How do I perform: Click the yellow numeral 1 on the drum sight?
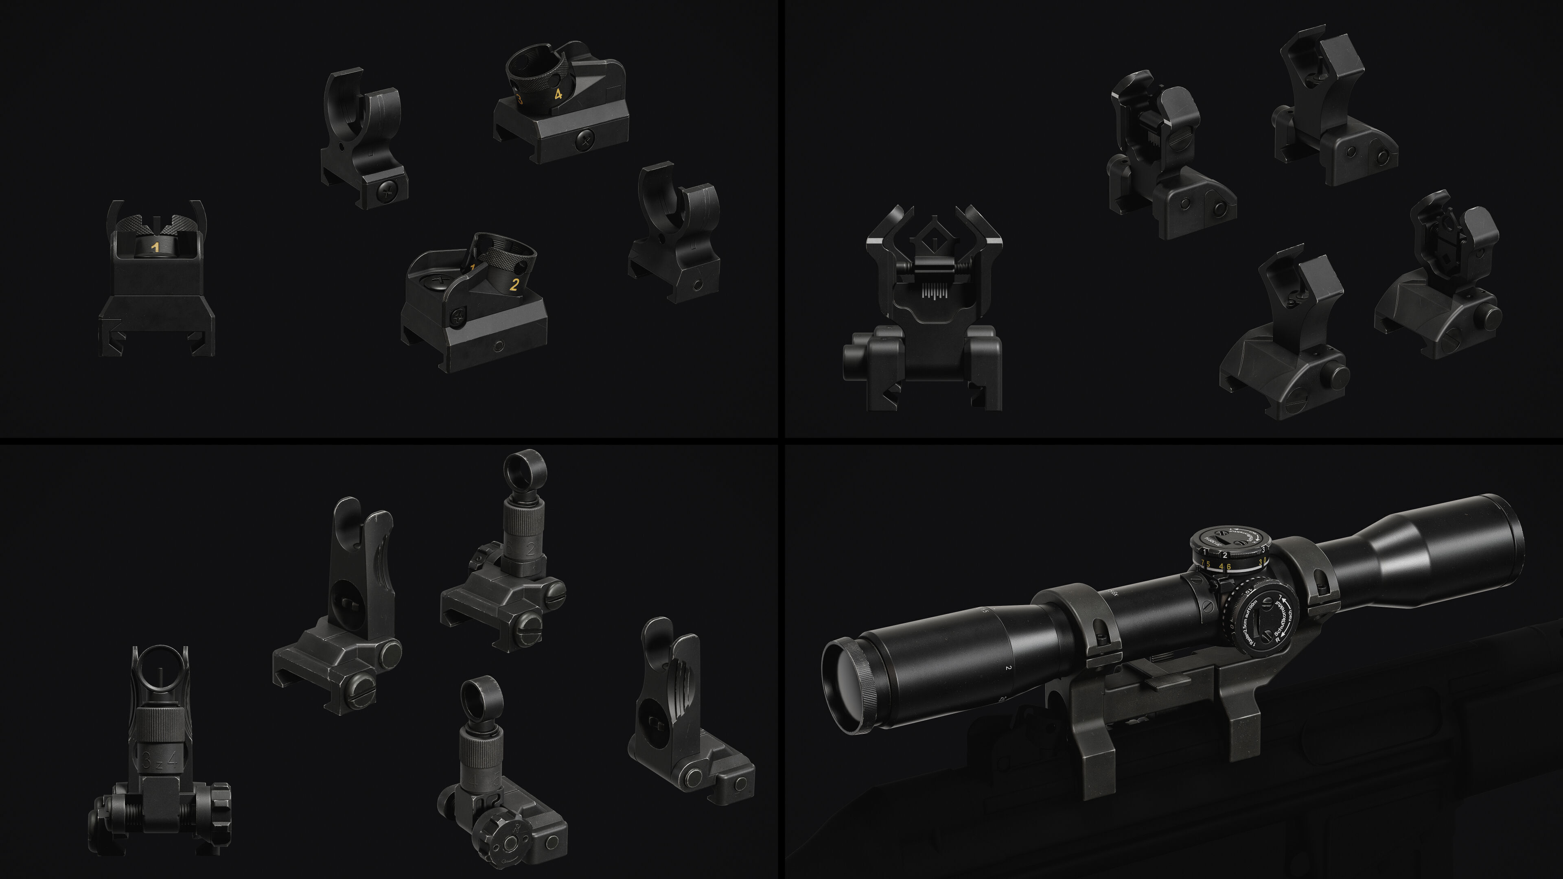tap(155, 247)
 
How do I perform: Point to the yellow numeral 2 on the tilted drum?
tap(514, 284)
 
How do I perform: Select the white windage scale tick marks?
tap(934, 293)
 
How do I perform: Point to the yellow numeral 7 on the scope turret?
tap(1202, 564)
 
